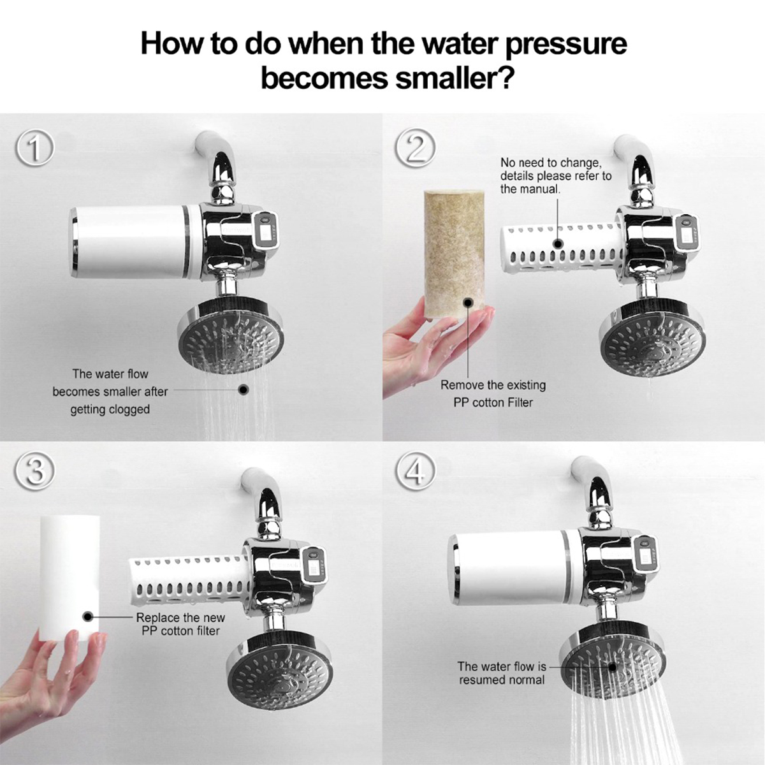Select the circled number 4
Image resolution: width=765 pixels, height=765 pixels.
(415, 472)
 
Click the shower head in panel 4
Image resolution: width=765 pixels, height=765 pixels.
(612, 666)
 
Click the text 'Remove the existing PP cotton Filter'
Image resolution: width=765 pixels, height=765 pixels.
(493, 393)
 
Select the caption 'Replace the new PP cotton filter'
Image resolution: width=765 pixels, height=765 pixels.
(180, 624)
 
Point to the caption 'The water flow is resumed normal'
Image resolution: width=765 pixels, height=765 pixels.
(502, 673)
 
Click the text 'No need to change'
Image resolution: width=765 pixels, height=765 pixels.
(550, 163)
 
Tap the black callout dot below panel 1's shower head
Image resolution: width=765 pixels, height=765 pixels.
(243, 389)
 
